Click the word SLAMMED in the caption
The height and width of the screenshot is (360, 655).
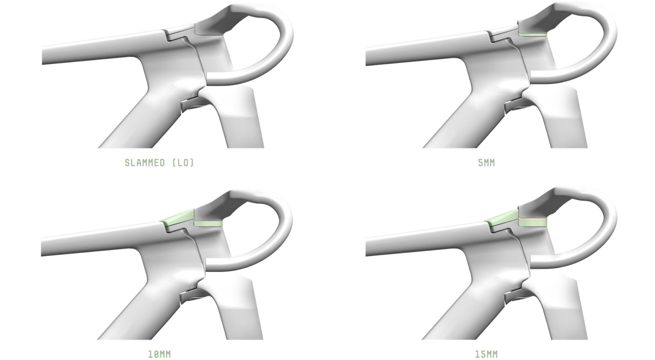point(145,163)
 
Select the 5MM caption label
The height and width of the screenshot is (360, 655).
point(486,163)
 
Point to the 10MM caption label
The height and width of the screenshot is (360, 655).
point(159,354)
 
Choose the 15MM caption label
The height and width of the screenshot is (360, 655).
point(486,354)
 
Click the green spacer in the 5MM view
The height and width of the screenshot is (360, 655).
point(533,35)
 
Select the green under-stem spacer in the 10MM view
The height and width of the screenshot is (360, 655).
point(208,224)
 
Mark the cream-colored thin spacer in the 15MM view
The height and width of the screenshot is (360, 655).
point(533,220)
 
